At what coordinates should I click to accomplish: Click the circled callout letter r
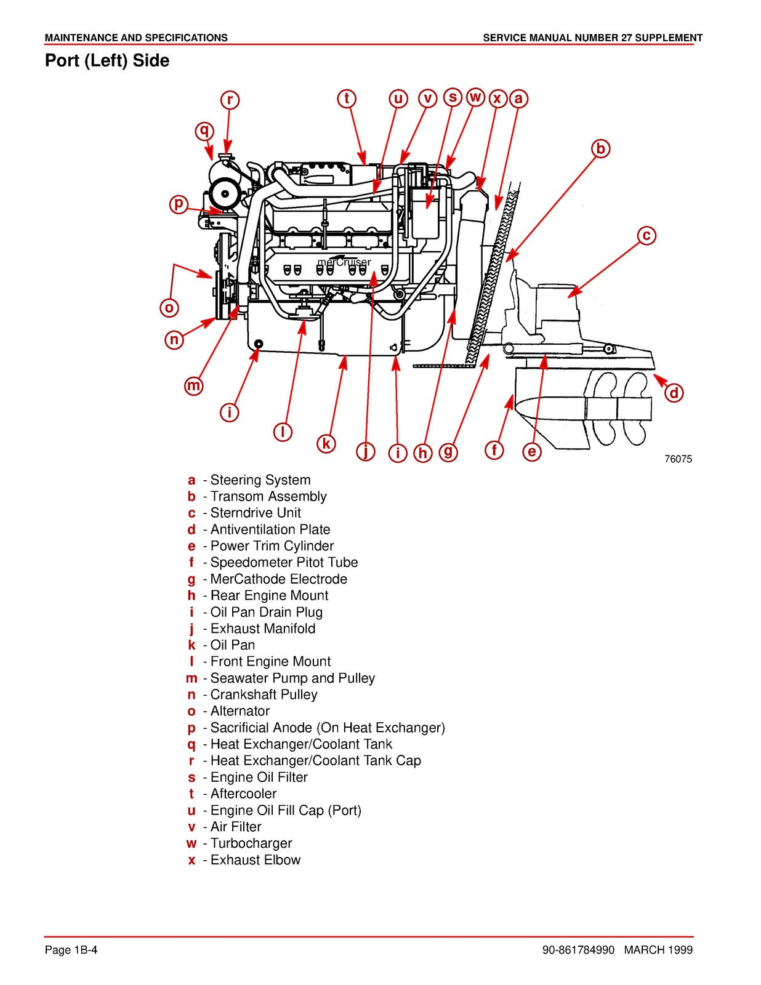point(230,100)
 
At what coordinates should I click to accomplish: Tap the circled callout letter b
point(601,148)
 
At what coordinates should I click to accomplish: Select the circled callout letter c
point(646,235)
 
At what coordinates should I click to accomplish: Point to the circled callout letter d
point(674,393)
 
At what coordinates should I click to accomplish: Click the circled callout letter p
point(179,204)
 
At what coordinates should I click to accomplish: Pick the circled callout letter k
point(326,443)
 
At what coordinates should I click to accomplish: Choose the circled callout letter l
point(283,432)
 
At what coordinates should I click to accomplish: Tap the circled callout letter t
point(347,98)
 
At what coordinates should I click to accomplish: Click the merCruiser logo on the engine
point(344,262)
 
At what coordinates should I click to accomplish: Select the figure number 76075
point(678,459)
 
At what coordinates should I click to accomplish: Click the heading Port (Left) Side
point(107,61)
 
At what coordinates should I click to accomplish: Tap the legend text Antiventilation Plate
point(270,529)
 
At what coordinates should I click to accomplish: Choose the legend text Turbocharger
point(251,843)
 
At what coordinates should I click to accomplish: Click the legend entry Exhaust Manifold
point(263,629)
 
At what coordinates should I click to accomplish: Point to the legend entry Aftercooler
point(243,794)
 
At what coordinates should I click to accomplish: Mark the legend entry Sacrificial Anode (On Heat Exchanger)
point(328,728)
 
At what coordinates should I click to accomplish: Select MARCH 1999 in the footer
point(658,950)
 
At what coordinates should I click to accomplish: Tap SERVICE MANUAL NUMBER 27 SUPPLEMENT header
point(592,38)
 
